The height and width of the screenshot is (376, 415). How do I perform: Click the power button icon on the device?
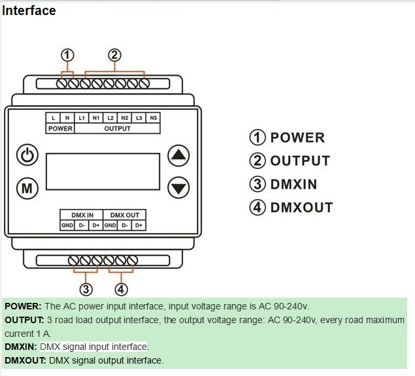coord(27,155)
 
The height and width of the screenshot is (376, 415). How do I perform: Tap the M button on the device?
coord(27,188)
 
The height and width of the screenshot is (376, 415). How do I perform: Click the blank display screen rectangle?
coord(103,171)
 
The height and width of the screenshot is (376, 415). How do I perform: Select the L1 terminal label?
coord(82,117)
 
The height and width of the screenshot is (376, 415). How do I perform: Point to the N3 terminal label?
coord(153,117)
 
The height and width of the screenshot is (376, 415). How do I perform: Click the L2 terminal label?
coord(110,117)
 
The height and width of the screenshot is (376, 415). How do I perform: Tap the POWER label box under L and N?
coord(60,128)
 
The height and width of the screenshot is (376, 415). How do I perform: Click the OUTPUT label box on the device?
coord(118,128)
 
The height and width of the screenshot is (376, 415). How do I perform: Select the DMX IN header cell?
coord(82,215)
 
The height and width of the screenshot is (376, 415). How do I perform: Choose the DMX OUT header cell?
coord(124,215)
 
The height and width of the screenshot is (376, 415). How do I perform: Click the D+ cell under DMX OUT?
coord(139,225)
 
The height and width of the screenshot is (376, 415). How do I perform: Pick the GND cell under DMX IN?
coord(67,225)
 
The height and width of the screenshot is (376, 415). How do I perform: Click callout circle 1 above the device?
coord(67,55)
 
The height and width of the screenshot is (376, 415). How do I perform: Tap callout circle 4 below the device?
coord(121,289)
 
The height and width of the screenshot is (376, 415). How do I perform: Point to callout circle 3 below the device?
coord(86,289)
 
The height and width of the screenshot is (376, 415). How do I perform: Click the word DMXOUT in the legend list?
coord(301,208)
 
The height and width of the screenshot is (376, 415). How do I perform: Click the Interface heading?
coord(29,11)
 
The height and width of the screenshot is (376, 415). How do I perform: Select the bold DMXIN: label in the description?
coord(21,347)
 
